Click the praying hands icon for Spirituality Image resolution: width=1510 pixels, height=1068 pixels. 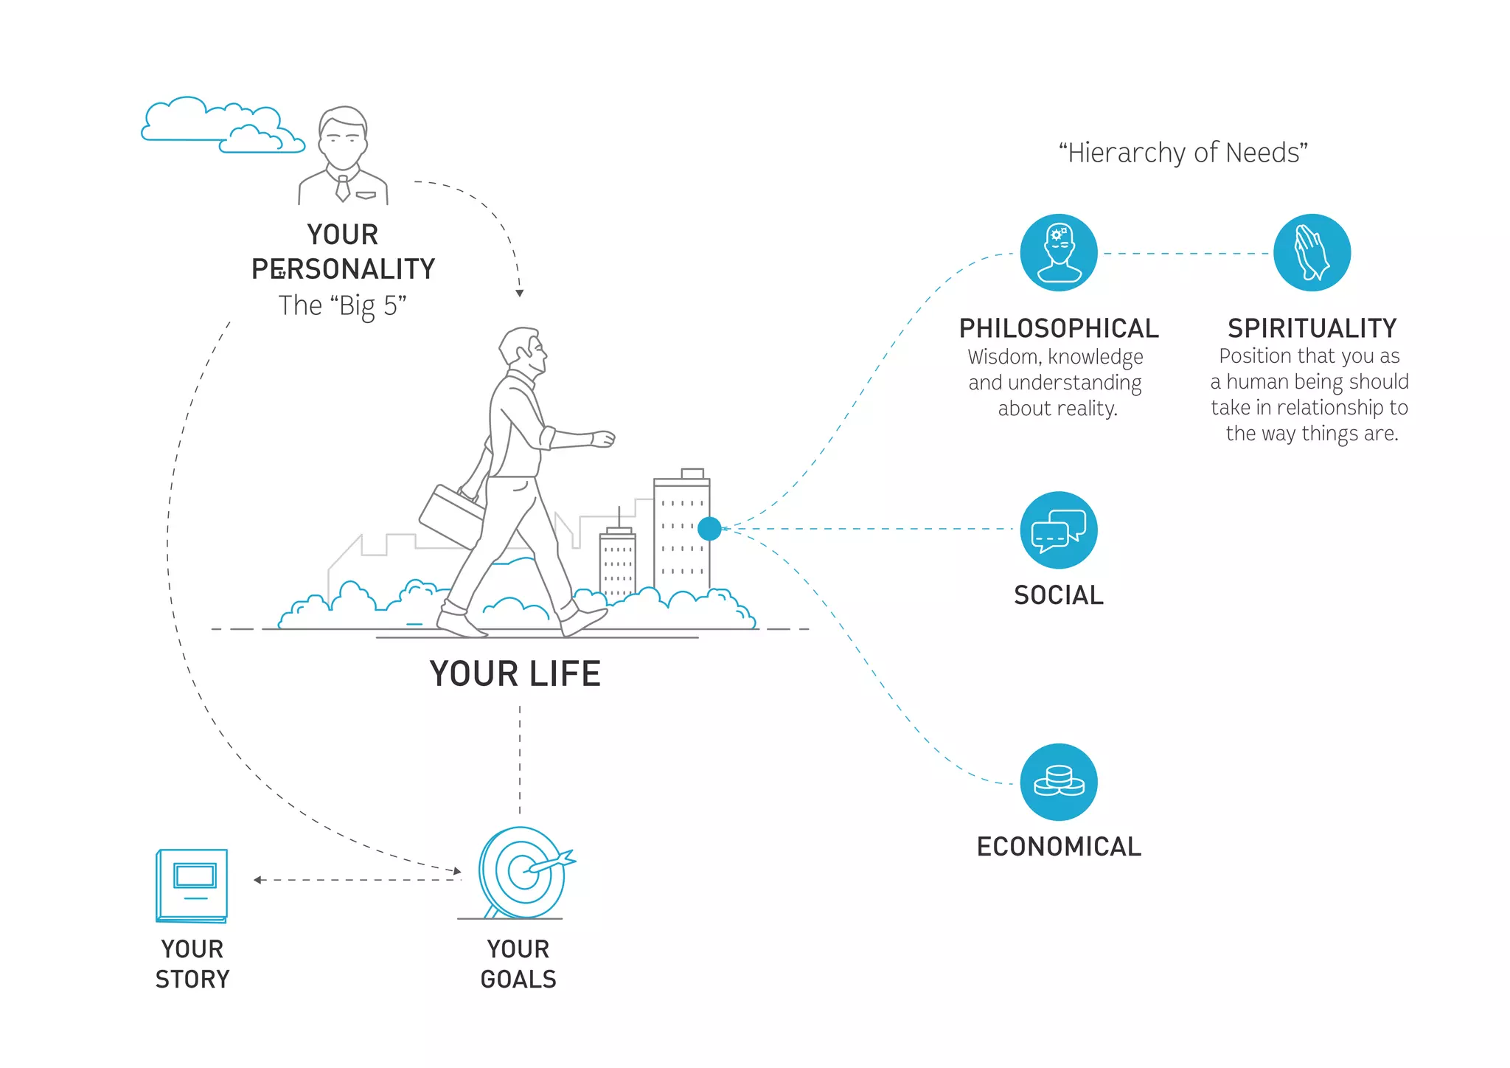[1312, 253]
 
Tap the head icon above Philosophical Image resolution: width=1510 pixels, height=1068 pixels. [1059, 253]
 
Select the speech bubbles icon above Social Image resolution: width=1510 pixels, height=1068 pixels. [1059, 530]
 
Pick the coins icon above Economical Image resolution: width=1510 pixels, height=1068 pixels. [1059, 782]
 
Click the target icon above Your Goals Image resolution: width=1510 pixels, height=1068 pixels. [523, 873]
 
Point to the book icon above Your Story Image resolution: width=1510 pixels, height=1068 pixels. [192, 885]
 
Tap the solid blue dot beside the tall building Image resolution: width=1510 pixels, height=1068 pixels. [709, 528]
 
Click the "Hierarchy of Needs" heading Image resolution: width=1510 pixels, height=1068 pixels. [1183, 153]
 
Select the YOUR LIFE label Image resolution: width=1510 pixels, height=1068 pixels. [515, 674]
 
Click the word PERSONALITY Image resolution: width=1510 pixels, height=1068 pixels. [344, 269]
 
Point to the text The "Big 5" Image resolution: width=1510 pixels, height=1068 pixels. [343, 305]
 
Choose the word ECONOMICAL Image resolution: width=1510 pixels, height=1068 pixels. [1059, 847]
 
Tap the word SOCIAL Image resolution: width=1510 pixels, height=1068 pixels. [1059, 595]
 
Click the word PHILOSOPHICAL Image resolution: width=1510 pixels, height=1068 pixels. [1059, 328]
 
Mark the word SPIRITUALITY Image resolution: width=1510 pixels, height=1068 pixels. [1312, 328]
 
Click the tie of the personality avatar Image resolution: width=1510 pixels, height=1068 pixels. [343, 188]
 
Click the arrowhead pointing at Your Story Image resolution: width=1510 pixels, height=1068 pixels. [257, 880]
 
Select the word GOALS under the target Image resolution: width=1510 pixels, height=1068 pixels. [518, 979]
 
